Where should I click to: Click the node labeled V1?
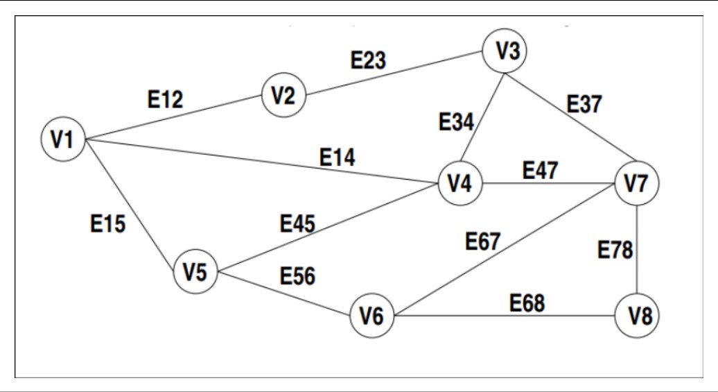(x=62, y=139)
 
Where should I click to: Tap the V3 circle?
(x=505, y=52)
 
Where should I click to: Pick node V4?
(x=459, y=184)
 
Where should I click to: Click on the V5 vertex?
(x=195, y=271)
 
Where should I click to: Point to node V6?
(x=371, y=317)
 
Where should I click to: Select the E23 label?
(x=368, y=60)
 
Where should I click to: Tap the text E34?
(x=456, y=123)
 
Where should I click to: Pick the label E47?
(x=540, y=170)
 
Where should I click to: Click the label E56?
(x=297, y=275)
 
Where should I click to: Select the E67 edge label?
(x=483, y=242)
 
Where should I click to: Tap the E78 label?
(x=615, y=250)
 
